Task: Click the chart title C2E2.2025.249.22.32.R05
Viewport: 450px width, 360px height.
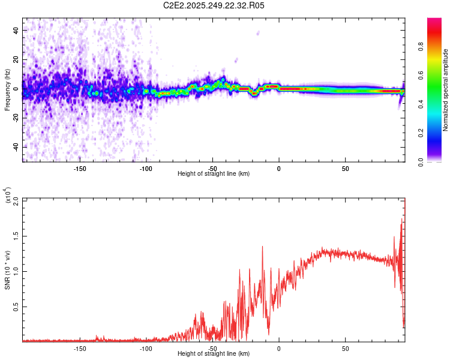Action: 214,6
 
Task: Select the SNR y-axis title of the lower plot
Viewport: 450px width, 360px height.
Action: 7,270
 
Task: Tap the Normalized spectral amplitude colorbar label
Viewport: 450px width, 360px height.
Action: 445,90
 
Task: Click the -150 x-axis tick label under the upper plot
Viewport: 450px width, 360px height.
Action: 80,168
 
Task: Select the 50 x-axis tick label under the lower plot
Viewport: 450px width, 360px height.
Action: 345,347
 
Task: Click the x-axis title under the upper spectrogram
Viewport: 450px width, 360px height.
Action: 214,174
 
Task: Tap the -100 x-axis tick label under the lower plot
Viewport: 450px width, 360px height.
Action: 146,347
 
